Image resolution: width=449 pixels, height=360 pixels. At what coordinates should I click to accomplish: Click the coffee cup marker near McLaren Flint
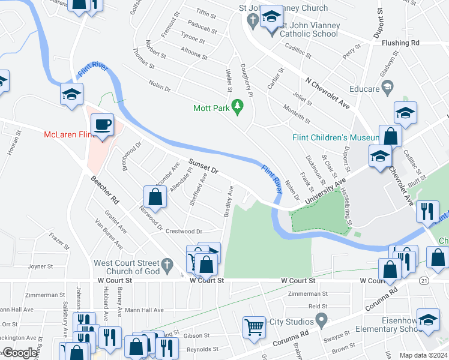103,125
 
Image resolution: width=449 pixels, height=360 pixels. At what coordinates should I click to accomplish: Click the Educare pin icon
387,88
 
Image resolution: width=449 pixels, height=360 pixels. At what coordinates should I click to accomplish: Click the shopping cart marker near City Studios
254,326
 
